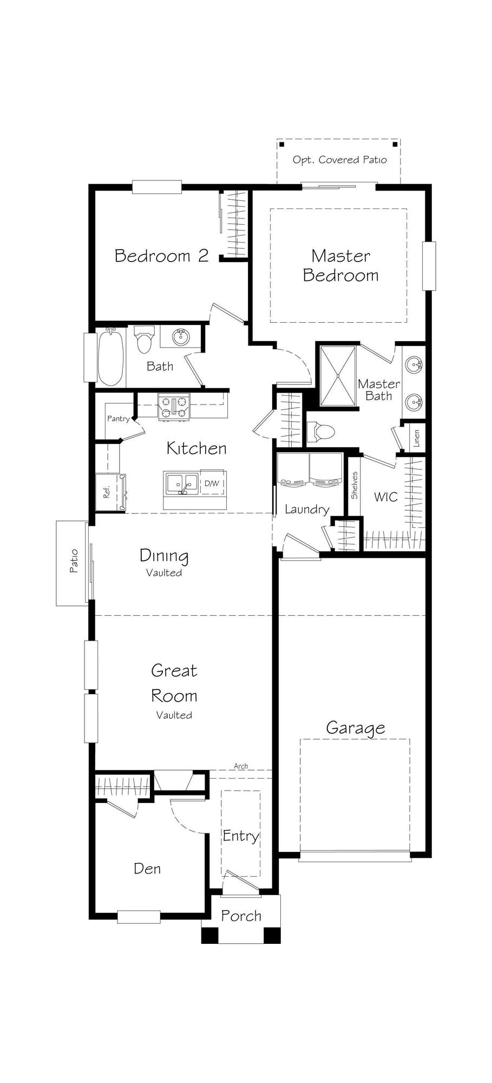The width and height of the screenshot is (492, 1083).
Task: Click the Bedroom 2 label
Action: point(161,256)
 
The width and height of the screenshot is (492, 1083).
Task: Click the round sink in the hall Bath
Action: point(181,337)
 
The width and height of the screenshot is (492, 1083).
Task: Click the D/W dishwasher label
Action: point(212,483)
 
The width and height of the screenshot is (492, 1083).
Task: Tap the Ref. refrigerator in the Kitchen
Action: point(108,492)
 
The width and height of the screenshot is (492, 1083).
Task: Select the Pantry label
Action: point(118,419)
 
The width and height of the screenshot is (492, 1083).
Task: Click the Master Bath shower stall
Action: point(338,375)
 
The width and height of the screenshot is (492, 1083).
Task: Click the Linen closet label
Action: point(416,438)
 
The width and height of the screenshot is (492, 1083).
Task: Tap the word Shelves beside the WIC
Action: point(354,485)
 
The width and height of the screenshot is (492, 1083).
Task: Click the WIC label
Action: point(385,497)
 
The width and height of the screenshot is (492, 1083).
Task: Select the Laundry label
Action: point(307,510)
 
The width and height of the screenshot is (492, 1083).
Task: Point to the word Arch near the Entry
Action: point(241,766)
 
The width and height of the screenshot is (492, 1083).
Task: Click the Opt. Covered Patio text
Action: point(339,160)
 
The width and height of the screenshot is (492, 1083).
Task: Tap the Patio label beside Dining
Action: point(74,562)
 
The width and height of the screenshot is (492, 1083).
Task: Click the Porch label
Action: point(241,916)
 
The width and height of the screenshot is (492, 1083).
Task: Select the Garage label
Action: point(355,728)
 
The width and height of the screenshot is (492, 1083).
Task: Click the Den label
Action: point(147,869)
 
